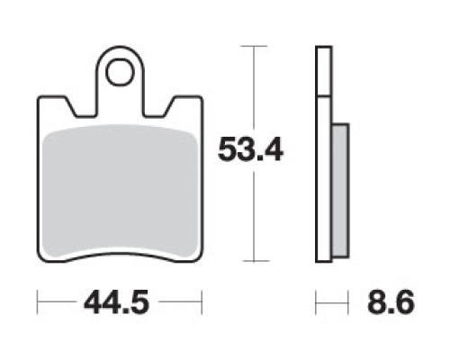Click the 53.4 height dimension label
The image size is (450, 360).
250,149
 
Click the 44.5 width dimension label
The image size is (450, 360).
117,301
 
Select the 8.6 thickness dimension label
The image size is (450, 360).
391,301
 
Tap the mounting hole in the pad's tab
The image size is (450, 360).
120,72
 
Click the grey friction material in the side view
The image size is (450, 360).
340,190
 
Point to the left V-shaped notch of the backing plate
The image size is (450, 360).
76,108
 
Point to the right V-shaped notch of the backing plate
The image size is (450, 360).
164,108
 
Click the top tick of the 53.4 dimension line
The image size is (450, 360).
254,46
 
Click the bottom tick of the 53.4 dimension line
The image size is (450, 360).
256,261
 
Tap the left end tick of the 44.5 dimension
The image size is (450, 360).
37,301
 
